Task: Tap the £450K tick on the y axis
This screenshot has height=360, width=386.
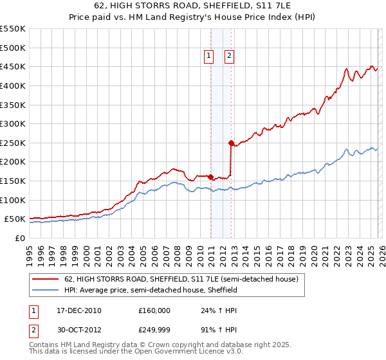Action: [13, 66]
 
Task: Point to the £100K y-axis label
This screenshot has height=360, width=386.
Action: [13, 200]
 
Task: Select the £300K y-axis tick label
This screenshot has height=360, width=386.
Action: [13, 123]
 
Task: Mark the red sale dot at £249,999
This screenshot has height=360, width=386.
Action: [231, 143]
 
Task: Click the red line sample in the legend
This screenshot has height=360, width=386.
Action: [44, 280]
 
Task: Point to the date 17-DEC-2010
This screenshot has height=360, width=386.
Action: [78, 310]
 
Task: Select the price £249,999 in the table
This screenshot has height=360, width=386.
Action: [154, 331]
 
